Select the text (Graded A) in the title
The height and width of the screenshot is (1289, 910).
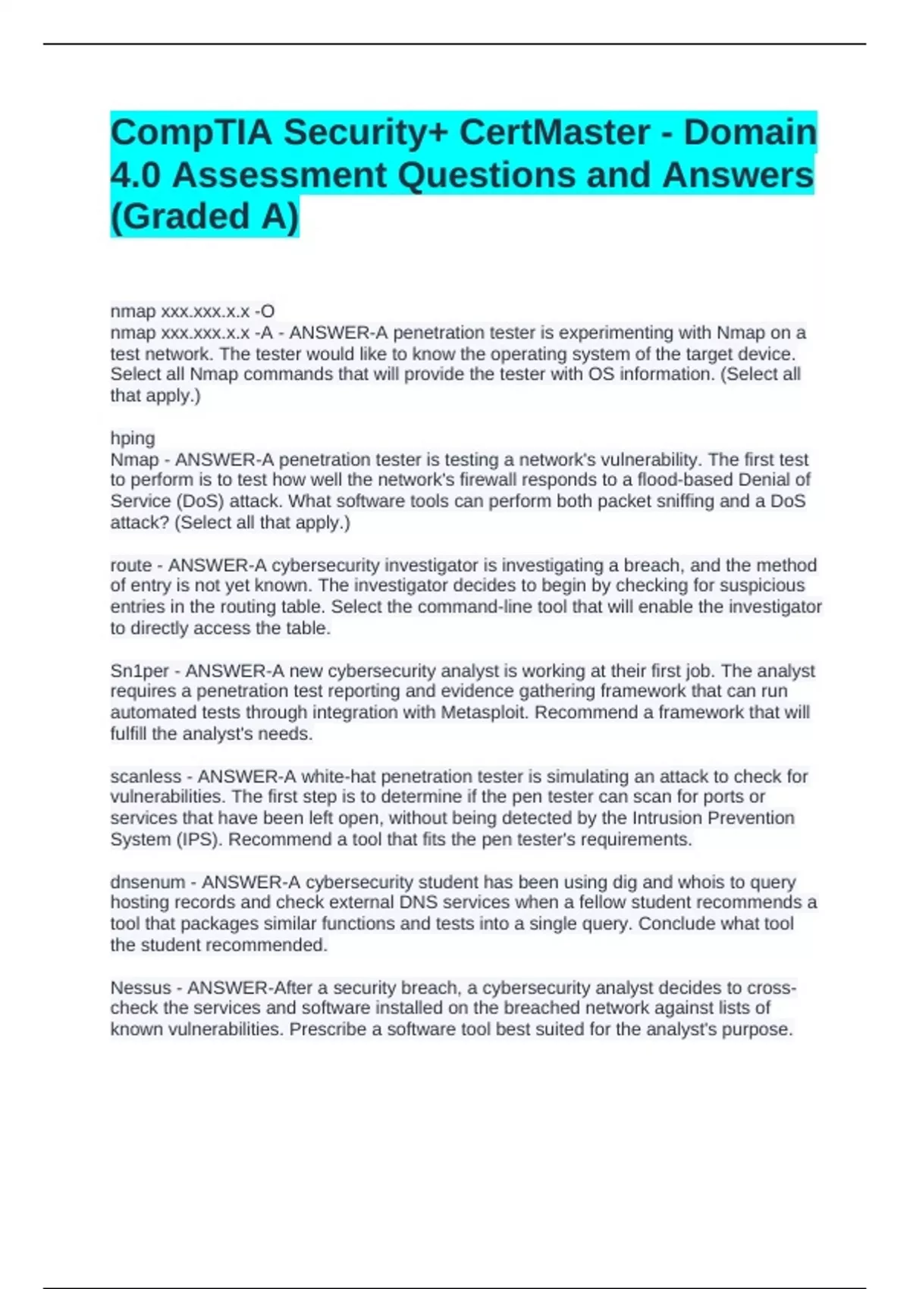click(x=205, y=216)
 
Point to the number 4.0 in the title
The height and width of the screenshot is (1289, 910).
click(x=135, y=175)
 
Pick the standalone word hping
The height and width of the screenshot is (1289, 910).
click(x=133, y=438)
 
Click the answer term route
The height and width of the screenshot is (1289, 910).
click(x=130, y=565)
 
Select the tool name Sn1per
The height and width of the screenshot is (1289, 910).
click(x=140, y=671)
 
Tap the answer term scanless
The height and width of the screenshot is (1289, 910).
click(x=145, y=776)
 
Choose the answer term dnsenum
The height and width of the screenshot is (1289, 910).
click(x=147, y=882)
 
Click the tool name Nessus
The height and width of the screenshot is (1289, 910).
click(x=140, y=987)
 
